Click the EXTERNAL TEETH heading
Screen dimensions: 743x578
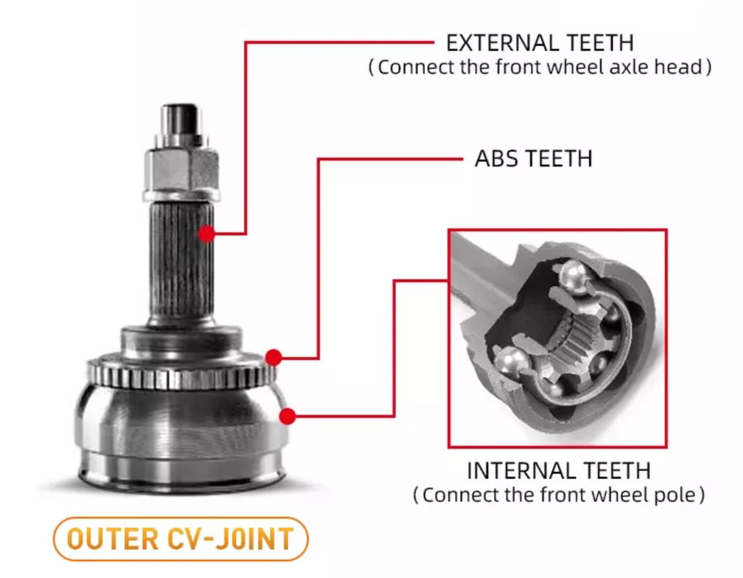coord(539,43)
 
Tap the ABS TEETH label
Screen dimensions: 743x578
coord(533,159)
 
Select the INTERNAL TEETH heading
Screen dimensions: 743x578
coord(559,471)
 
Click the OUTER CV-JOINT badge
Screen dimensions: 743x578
coord(180,539)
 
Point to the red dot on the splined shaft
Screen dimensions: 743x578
coord(207,233)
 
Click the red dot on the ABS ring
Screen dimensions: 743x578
coord(273,357)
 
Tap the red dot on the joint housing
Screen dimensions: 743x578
coord(288,417)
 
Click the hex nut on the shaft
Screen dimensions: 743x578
coord(181,169)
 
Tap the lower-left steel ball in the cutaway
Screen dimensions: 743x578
coord(510,362)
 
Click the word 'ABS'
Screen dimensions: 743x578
coord(498,159)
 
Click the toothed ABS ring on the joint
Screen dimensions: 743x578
coord(182,373)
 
